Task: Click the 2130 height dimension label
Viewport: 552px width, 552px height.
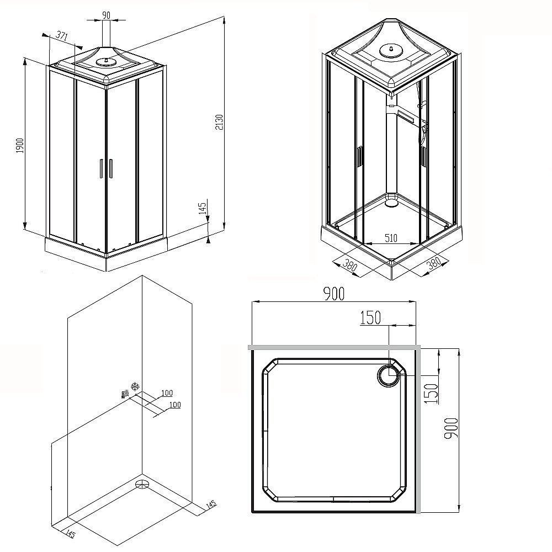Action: (219, 125)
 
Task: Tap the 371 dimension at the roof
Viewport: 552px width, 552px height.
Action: (62, 36)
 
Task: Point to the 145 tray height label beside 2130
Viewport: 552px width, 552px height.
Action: (203, 208)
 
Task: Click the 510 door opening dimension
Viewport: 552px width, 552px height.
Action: (391, 238)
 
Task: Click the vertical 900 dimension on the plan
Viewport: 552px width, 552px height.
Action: (450, 428)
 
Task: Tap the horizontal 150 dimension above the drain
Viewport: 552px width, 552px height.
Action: (371, 319)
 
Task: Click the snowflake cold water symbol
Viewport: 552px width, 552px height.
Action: (133, 385)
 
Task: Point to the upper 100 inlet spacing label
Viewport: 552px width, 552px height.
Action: (167, 393)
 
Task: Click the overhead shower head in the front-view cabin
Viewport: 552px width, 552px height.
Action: (103, 62)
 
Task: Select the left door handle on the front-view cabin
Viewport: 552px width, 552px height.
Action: (101, 168)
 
